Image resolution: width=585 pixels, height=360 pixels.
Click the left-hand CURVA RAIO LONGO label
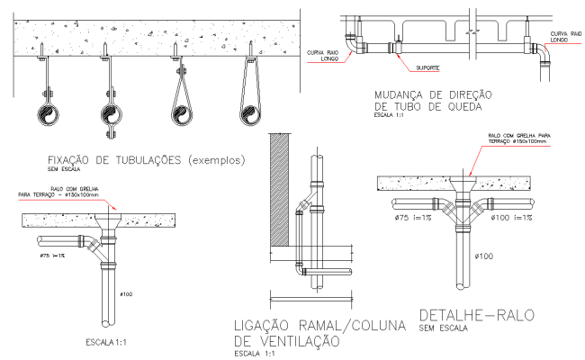tap(321, 56)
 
